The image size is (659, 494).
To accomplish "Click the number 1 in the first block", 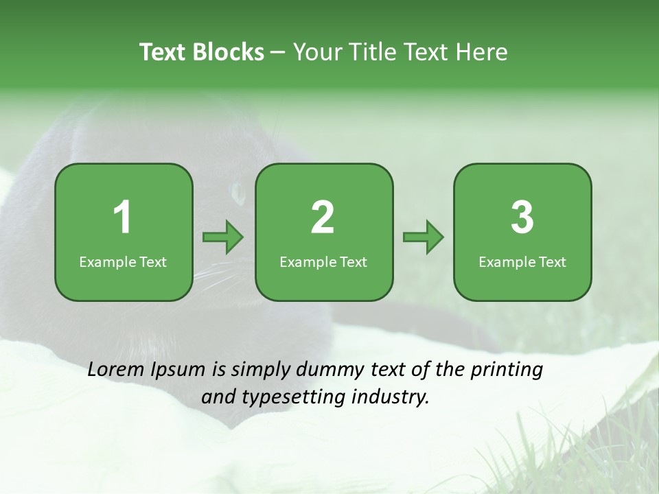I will [123, 217].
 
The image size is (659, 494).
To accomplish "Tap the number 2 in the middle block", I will [323, 217].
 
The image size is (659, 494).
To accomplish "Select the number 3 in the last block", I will [522, 217].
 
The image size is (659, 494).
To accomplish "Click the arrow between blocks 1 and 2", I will [223, 237].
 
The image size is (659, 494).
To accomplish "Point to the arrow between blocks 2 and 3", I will [423, 237].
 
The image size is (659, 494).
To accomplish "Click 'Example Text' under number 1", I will [123, 262].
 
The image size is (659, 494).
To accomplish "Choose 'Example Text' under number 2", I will [323, 262].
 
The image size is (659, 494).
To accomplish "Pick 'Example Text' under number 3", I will [522, 262].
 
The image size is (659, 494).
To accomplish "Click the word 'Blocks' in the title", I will [229, 52].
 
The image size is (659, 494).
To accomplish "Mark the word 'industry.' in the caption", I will [391, 397].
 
